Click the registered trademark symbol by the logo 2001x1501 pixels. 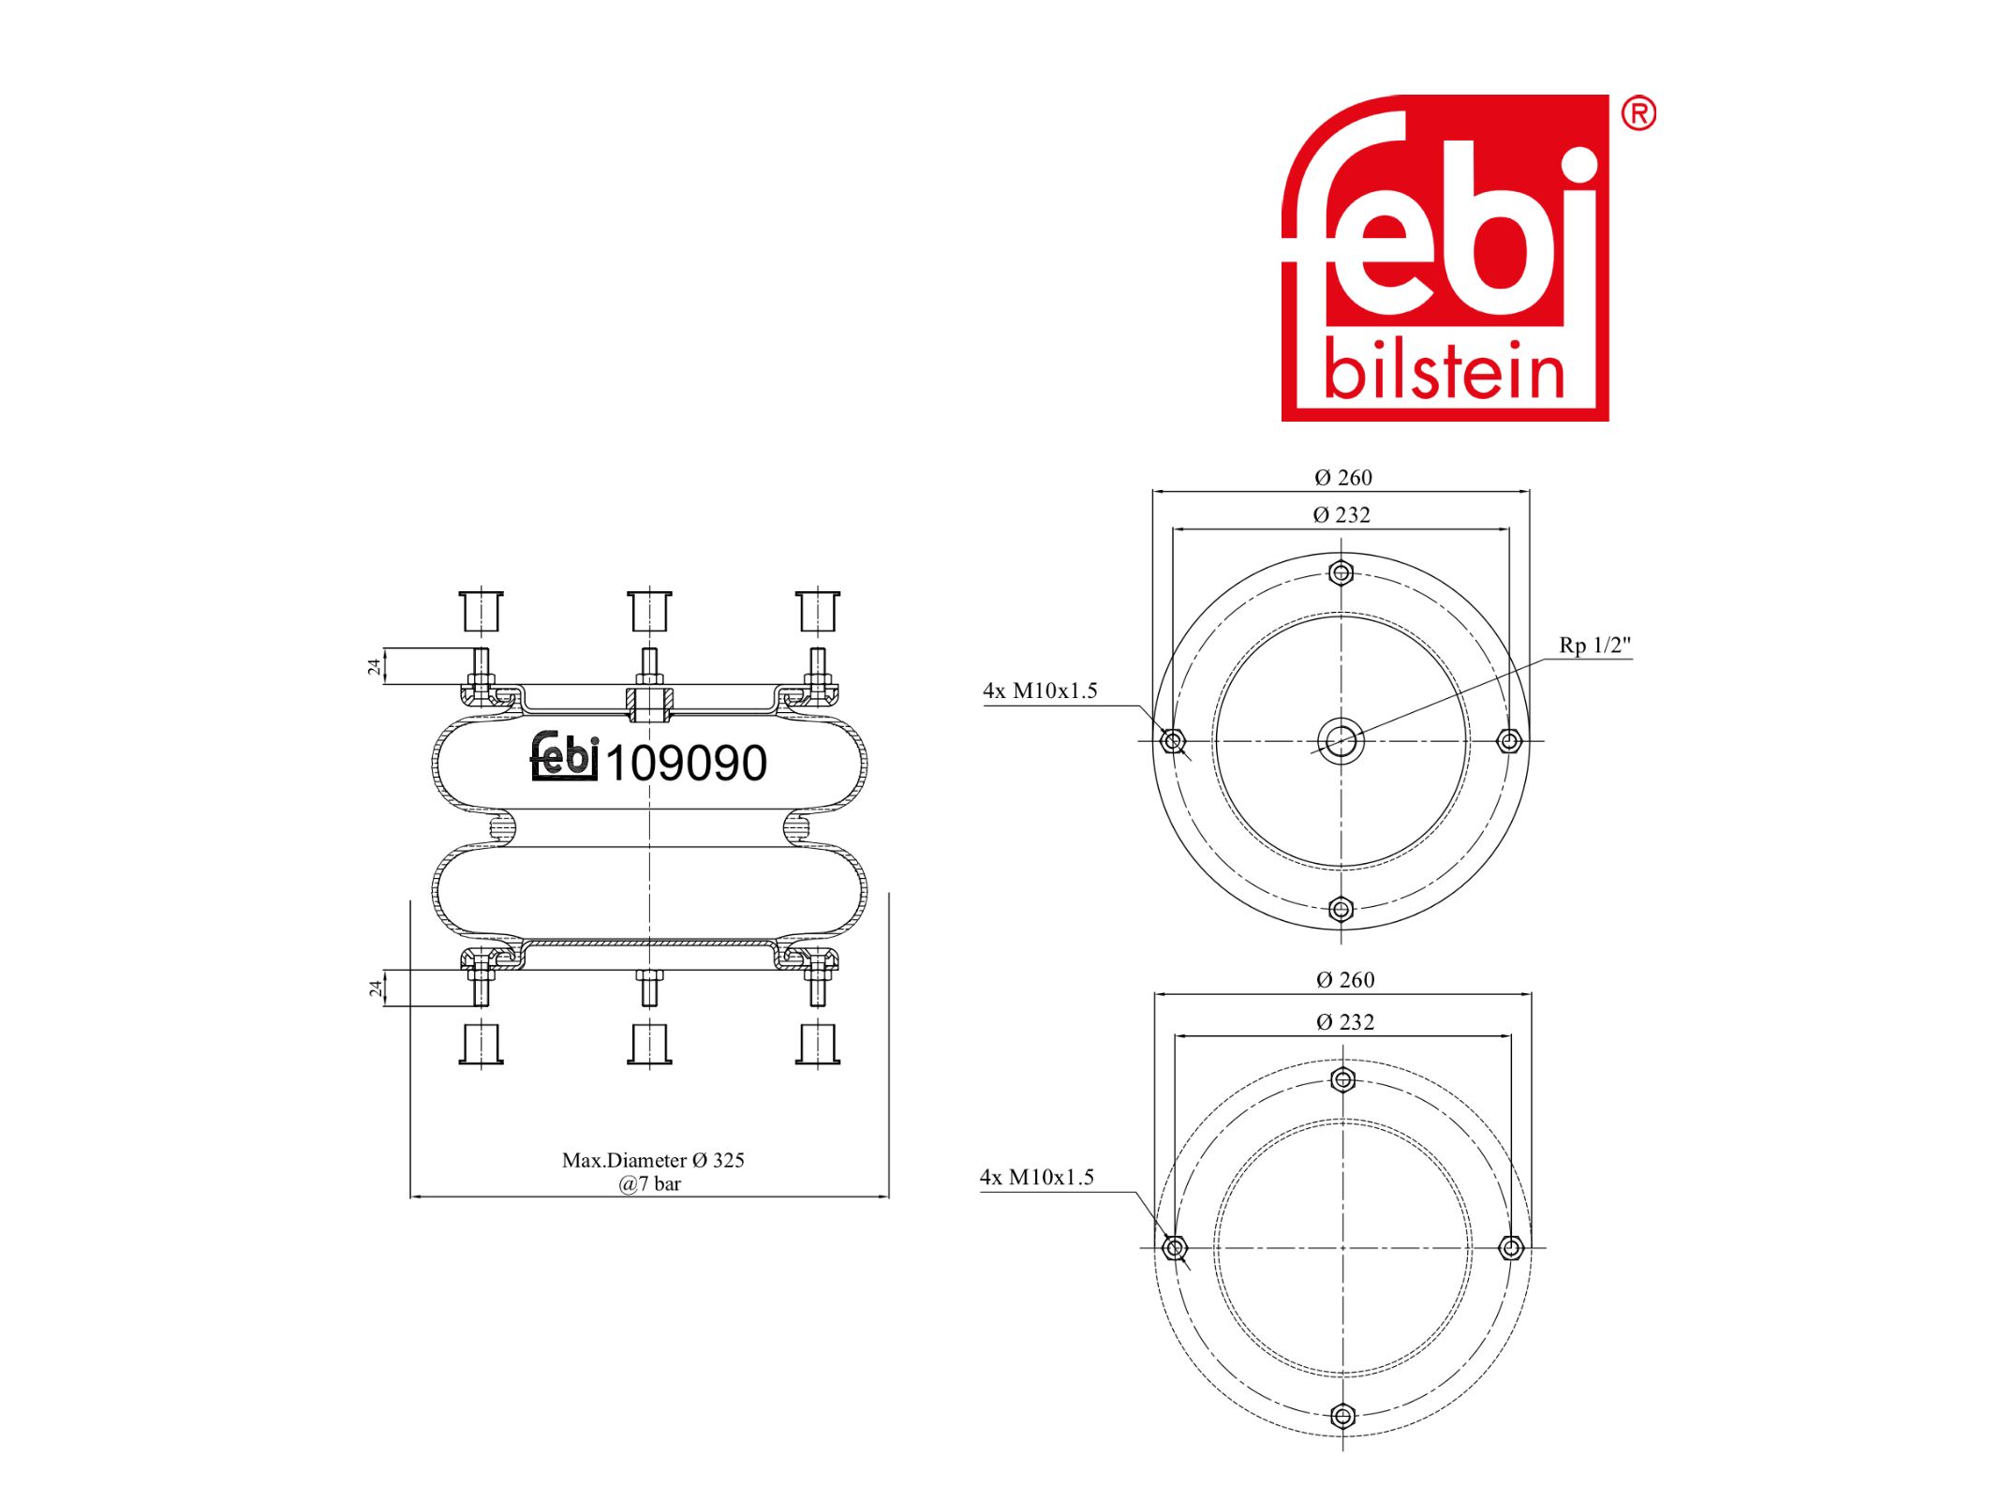1638,113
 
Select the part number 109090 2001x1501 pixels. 686,763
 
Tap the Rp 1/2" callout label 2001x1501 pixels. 1594,645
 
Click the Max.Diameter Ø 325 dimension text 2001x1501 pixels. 653,1160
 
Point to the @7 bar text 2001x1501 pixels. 649,1183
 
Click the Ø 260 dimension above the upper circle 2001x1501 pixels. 1342,478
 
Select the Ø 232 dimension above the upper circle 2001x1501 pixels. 1341,514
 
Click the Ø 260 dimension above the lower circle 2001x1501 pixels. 1345,980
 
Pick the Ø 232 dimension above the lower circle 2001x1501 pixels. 1344,1022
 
